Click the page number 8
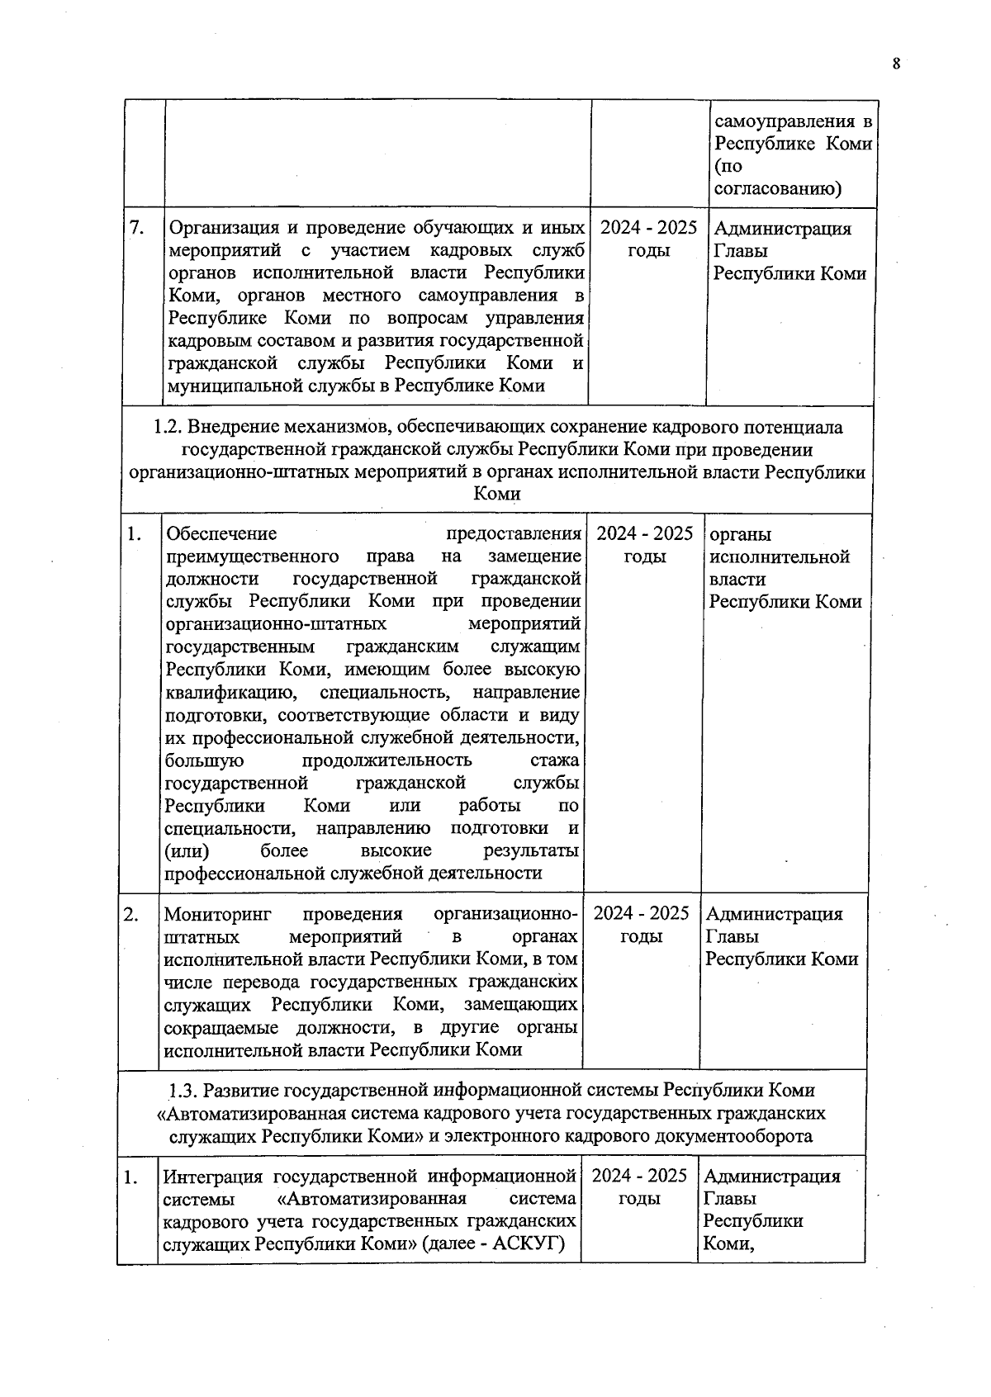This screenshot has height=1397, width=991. (x=895, y=64)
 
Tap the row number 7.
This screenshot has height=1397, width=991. (x=138, y=228)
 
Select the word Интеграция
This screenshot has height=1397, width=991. (x=212, y=1177)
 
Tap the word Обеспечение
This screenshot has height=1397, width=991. (x=220, y=534)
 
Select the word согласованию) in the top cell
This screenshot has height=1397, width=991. (x=777, y=189)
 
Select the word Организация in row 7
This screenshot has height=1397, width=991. (x=220, y=229)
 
